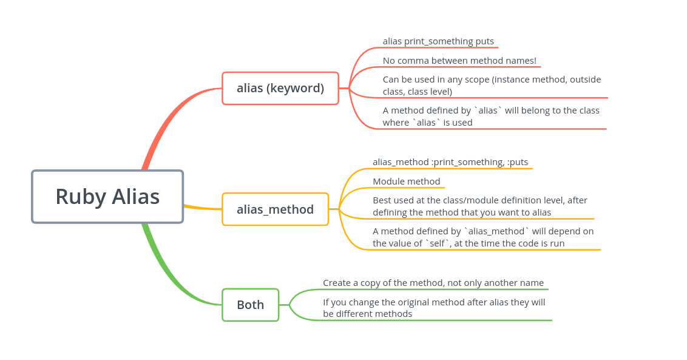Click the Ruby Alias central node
(x=107, y=196)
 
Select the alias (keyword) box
(x=280, y=88)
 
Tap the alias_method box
(x=275, y=209)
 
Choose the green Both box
(x=250, y=305)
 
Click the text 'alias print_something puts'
(x=438, y=41)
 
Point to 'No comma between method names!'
(x=459, y=61)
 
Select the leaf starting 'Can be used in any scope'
(x=492, y=86)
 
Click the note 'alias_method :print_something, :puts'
(x=450, y=162)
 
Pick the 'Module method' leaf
(x=406, y=182)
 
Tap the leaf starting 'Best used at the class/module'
(x=479, y=206)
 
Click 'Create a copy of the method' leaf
(x=433, y=283)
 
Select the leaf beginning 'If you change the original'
(x=433, y=308)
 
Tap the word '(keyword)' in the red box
(x=295, y=88)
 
